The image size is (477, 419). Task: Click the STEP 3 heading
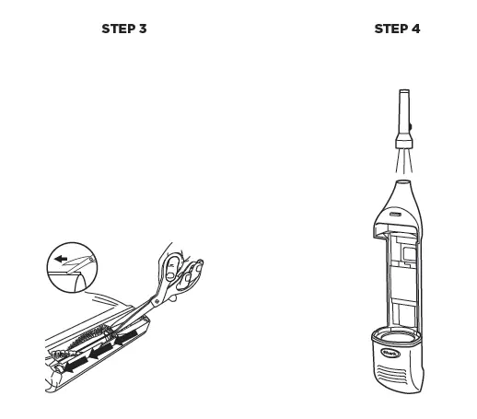tap(123, 29)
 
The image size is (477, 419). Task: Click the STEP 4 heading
tap(397, 29)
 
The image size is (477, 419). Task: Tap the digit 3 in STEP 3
tap(143, 29)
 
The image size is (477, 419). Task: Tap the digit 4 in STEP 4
tap(416, 29)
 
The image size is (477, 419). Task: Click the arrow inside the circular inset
tap(62, 260)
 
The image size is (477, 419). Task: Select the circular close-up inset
tap(72, 266)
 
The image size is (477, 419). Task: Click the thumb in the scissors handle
tap(174, 267)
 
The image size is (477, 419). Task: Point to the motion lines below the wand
tap(403, 163)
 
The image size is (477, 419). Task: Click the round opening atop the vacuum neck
tap(403, 183)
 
